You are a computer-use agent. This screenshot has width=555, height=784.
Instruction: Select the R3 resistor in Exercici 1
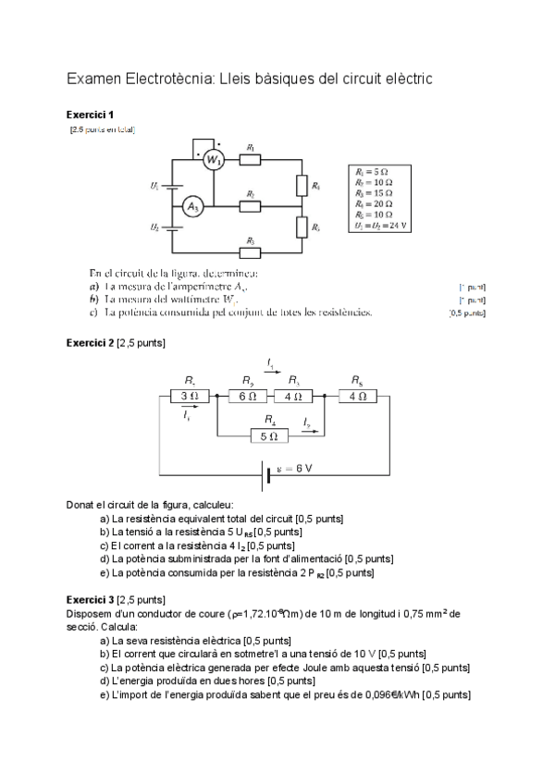coord(251,251)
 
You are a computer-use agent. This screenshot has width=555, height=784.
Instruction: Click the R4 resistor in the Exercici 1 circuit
coord(302,186)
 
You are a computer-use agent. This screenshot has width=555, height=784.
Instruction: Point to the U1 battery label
coord(154,186)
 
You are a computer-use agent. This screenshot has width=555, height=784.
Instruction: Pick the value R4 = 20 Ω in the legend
coord(373,204)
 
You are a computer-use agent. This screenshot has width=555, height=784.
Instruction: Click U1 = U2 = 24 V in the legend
coord(381,225)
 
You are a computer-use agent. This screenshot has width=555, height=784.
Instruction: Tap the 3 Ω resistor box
coord(189,396)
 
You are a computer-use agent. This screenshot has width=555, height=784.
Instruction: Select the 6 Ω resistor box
coord(247,396)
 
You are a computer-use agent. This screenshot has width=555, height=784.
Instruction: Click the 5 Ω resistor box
coord(269,435)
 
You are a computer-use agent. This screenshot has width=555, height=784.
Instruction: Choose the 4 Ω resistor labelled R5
coord(358,396)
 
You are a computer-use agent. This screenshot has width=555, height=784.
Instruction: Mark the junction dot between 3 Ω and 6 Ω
coord(216,396)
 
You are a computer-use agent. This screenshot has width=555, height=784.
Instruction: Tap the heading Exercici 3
coord(90,599)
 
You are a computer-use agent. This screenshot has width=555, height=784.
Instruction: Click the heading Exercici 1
coord(90,115)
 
